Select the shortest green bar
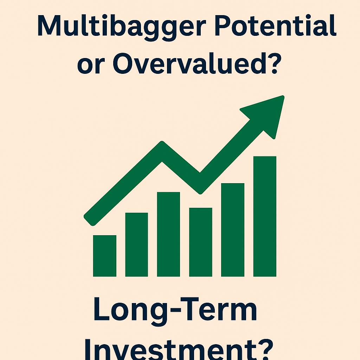coord(104,256)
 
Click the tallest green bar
coord(265,216)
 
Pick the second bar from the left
coord(136,244)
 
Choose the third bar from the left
coord(168,234)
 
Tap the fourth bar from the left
coord(200,242)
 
